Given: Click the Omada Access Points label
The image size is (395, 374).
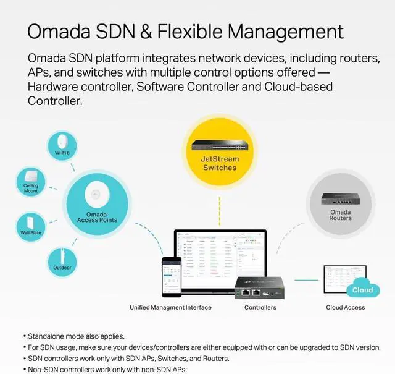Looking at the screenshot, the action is pyautogui.click(x=97, y=216).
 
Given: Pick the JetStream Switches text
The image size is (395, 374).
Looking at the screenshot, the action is pyautogui.click(x=220, y=163).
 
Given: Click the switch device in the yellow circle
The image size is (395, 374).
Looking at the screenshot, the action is pyautogui.click(x=220, y=147).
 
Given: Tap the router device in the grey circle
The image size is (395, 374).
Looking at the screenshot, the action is pyautogui.click(x=341, y=200).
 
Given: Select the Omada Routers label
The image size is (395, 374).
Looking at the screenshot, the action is pyautogui.click(x=340, y=215).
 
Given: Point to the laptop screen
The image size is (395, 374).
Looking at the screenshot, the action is pyautogui.click(x=220, y=258).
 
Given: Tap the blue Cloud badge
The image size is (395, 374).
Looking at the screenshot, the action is pyautogui.click(x=362, y=290).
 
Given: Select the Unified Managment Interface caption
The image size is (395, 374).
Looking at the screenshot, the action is pyautogui.click(x=170, y=307).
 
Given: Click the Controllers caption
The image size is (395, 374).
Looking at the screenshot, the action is pyautogui.click(x=260, y=307).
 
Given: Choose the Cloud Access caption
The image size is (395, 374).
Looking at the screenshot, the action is pyautogui.click(x=345, y=307).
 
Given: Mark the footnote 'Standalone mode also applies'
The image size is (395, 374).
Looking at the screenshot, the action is pyautogui.click(x=76, y=336).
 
